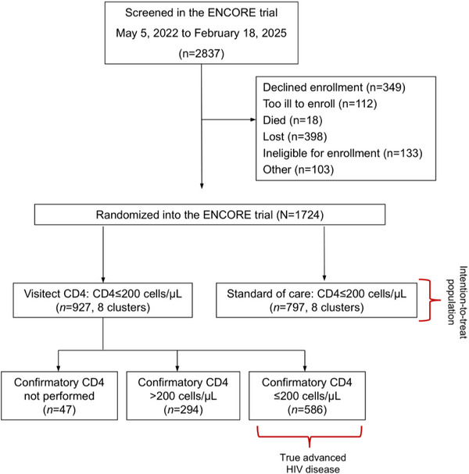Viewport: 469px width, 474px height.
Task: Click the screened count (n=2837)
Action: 201,54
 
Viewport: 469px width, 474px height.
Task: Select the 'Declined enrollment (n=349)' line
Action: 334,87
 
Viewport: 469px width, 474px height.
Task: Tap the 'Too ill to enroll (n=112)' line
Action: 320,104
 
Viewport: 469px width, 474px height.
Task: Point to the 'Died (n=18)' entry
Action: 292,120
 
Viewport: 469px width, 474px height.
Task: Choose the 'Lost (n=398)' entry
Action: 295,137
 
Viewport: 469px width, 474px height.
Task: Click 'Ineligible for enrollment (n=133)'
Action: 342,153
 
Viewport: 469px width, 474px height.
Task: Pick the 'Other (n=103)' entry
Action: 298,169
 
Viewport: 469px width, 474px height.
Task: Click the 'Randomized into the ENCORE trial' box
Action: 209,215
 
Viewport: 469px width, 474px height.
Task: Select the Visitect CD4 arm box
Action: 102,300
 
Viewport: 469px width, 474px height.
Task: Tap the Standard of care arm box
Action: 317,300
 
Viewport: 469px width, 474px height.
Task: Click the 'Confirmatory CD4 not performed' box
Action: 59,396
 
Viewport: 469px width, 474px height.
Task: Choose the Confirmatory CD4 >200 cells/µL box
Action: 183,396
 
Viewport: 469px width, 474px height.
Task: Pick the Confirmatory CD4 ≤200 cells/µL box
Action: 307,396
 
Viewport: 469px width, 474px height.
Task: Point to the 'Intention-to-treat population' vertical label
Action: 457,302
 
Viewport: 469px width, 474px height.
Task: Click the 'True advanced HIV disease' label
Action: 313,463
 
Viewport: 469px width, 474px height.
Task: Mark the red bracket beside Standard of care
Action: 429,300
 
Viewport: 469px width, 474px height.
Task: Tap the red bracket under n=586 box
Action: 310,437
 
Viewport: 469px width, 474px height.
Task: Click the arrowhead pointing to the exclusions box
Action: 253,119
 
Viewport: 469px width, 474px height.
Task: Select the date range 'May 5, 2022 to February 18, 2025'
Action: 201,33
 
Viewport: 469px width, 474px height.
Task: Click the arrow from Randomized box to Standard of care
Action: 324,254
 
